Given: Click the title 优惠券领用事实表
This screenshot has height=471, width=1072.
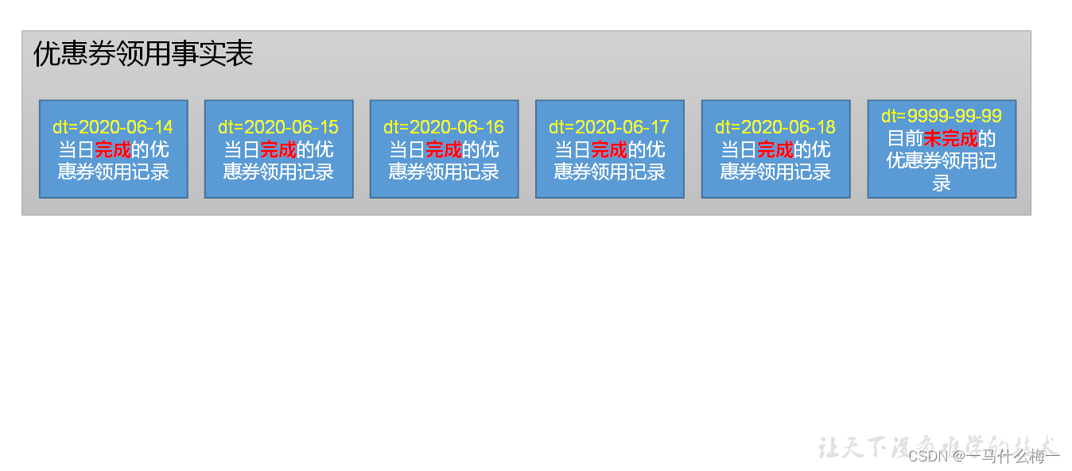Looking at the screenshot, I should point(143,54).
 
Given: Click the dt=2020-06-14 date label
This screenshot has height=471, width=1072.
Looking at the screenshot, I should point(113,127).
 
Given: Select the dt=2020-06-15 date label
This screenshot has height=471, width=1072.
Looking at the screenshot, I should point(278,127).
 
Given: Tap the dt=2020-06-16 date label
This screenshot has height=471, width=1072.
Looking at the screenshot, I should point(444,127).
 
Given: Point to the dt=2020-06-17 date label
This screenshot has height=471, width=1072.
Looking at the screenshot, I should point(609,127).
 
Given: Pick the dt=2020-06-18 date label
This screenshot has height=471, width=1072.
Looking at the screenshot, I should point(775,127).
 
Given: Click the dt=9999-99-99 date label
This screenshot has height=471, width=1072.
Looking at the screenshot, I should point(942,116).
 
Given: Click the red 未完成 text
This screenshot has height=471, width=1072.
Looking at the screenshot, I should point(950,139).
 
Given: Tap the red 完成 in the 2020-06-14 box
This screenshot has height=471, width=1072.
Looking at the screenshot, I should point(113,149).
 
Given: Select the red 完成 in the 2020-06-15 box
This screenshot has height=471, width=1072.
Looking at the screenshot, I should point(278,149).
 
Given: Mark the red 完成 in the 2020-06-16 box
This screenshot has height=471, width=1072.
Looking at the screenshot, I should point(444,149).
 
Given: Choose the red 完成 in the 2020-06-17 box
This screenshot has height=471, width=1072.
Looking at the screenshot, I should point(609,149).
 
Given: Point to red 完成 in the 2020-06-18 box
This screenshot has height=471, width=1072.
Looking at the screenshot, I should point(775,149).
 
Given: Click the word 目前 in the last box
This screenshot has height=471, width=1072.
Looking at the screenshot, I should point(905,139).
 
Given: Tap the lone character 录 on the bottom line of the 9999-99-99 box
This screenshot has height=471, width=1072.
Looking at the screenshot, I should point(942,183).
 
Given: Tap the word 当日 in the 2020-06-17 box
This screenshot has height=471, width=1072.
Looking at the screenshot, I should point(573,149).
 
